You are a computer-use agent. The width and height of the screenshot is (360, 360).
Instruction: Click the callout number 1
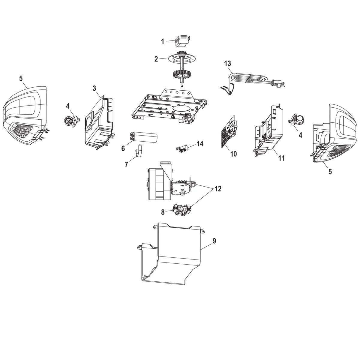(163, 41)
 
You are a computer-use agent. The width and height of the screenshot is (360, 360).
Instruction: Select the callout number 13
(228, 63)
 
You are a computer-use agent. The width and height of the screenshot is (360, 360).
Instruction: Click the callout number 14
(200, 144)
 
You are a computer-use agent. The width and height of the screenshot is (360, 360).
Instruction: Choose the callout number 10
(233, 154)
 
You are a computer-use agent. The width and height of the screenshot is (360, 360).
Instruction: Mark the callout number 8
(163, 212)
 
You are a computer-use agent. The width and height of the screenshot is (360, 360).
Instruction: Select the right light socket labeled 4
(297, 121)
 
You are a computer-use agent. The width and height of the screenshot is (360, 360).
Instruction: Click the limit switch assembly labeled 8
(181, 210)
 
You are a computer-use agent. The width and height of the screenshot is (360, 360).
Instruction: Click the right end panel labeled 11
(268, 129)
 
